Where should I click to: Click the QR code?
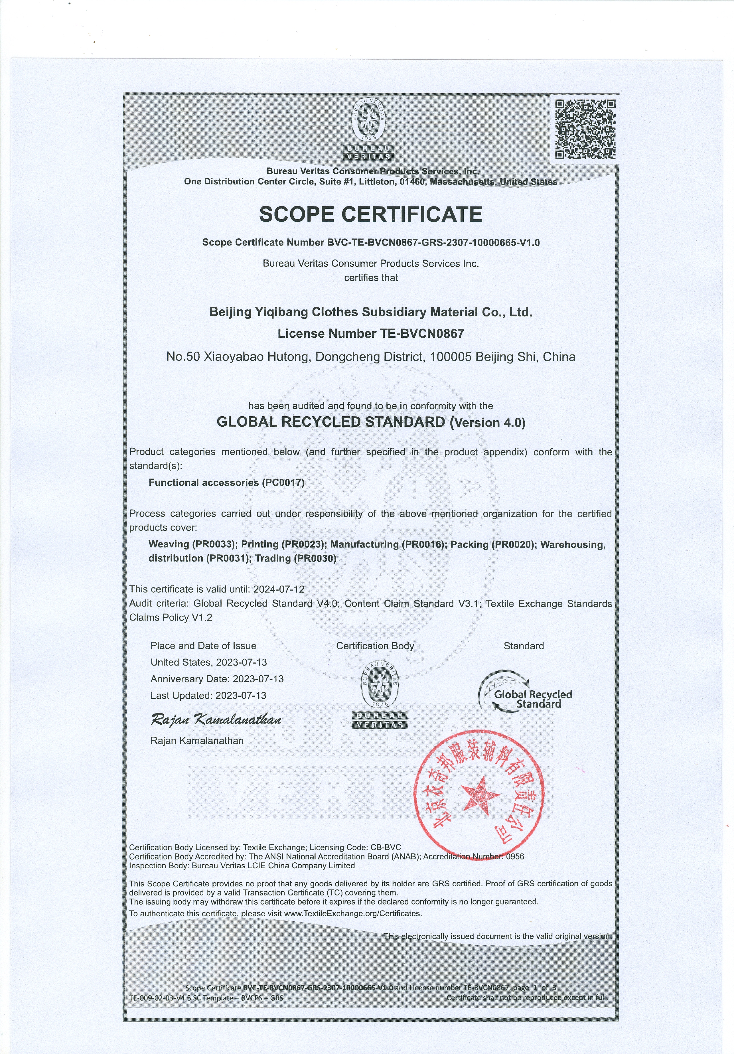pyautogui.click(x=585, y=129)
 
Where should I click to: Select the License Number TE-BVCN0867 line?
pyautogui.click(x=371, y=333)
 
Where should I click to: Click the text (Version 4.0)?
pyautogui.click(x=488, y=422)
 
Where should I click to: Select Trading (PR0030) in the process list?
pyautogui.click(x=296, y=558)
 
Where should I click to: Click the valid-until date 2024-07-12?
pyautogui.click(x=279, y=589)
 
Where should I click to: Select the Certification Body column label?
pyautogui.click(x=375, y=646)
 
